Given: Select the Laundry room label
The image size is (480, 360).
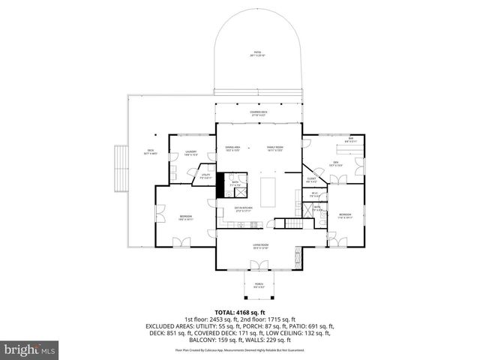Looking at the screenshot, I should (190, 153).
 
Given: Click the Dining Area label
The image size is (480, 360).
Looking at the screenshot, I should (232, 148).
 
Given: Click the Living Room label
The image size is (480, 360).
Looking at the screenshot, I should (260, 245).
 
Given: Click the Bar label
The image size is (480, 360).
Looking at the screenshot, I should (350, 139).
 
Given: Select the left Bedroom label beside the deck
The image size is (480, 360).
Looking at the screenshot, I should (186, 218).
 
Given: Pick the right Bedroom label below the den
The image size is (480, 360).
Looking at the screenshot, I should (344, 214).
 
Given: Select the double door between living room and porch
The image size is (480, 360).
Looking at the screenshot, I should (259, 265).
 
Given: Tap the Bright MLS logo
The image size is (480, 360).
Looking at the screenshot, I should (31, 349).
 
